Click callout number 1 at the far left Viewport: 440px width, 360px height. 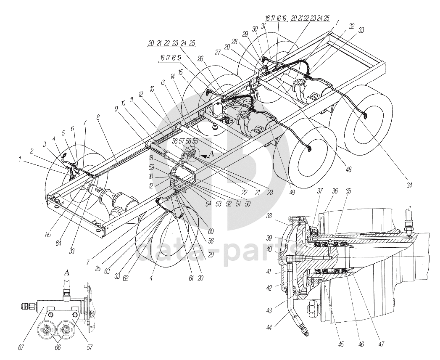click(x=20, y=159)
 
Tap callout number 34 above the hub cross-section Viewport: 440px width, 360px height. click(x=409, y=185)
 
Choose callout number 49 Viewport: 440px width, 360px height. click(x=292, y=193)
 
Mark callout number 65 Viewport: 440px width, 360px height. click(x=48, y=235)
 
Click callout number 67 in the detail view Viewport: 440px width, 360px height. click(x=21, y=348)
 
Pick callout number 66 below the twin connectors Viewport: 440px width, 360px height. click(x=58, y=348)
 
